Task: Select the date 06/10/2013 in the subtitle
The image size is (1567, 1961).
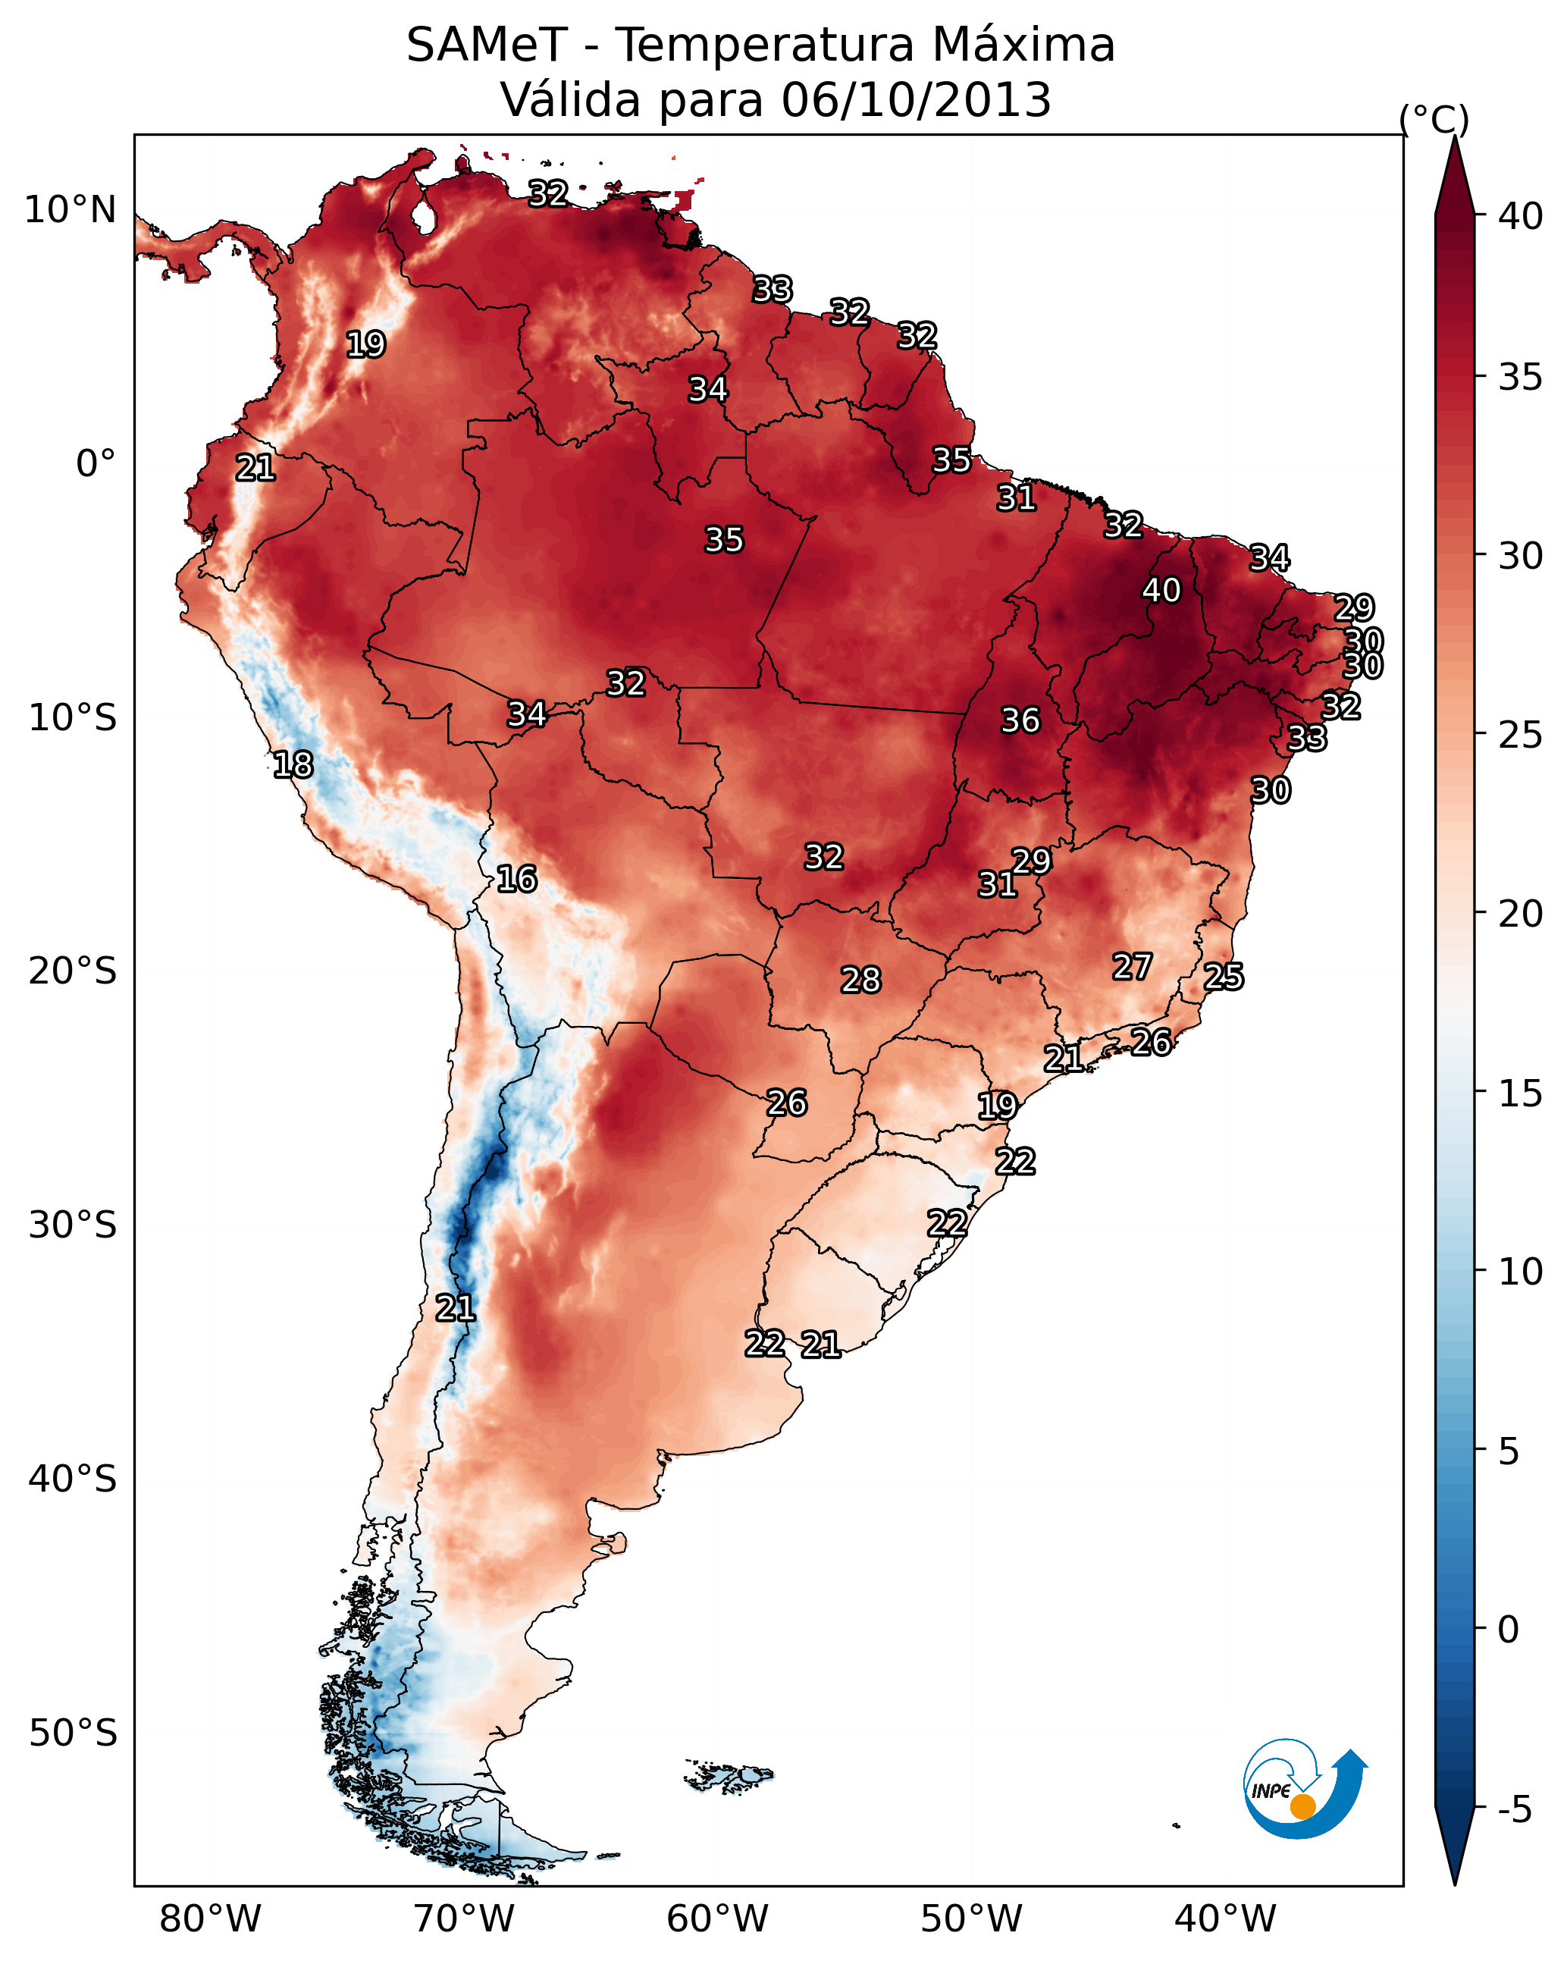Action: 916,100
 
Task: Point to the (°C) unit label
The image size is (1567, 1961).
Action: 1434,119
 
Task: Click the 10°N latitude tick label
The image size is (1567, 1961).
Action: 70,210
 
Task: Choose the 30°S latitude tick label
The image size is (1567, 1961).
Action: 73,1225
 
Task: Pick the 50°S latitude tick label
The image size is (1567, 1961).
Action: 73,1734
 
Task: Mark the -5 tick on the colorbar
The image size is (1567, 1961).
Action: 1514,1809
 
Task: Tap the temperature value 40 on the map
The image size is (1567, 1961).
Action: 1161,590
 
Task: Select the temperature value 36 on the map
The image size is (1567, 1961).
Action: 1020,720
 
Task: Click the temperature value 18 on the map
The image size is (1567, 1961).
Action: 293,765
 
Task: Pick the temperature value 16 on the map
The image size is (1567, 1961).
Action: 516,879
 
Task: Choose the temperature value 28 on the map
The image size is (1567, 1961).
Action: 860,980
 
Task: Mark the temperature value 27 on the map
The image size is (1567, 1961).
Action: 1133,967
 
